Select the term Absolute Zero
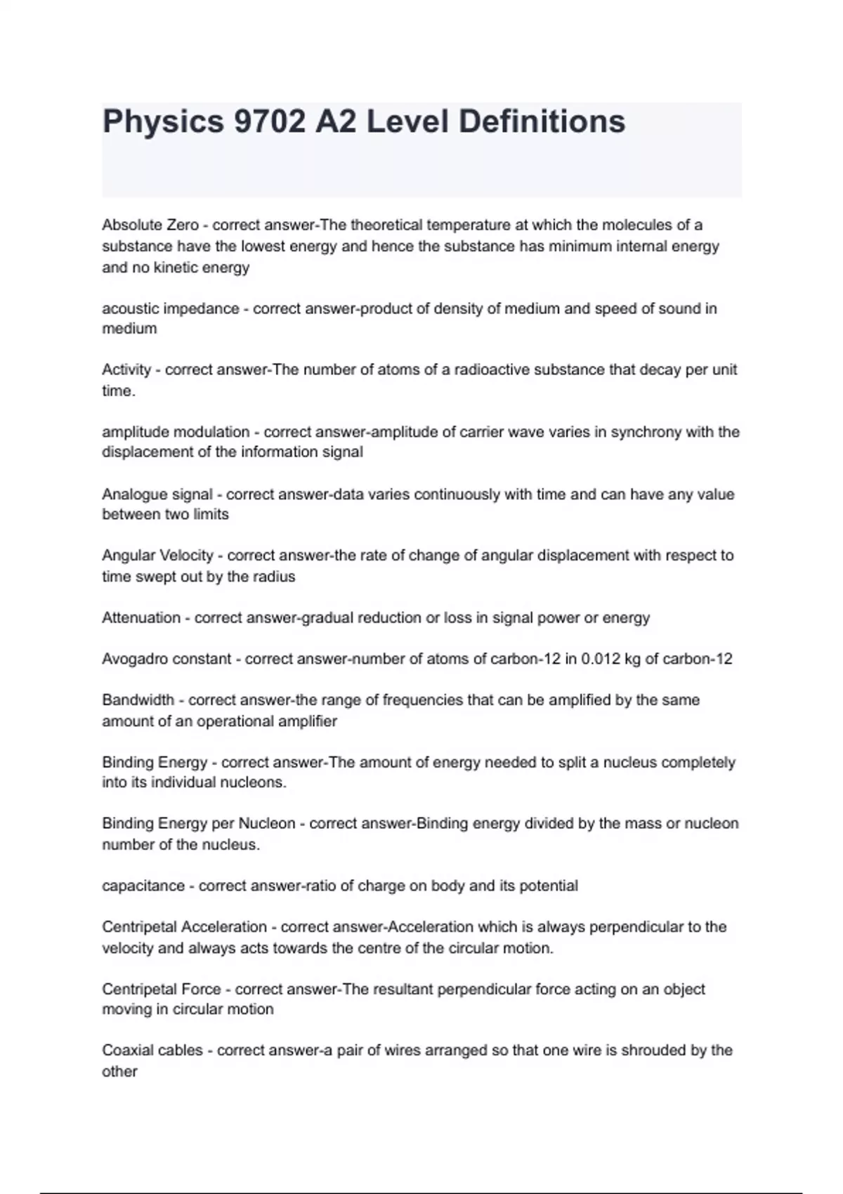150,225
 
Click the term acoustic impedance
170,308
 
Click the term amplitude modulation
176,432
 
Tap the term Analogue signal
157,494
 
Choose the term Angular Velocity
157,556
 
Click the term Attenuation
141,618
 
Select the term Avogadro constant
166,659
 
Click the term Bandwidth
138,700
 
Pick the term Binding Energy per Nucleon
198,823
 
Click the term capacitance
143,886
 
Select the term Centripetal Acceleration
184,927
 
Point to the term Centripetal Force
161,989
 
